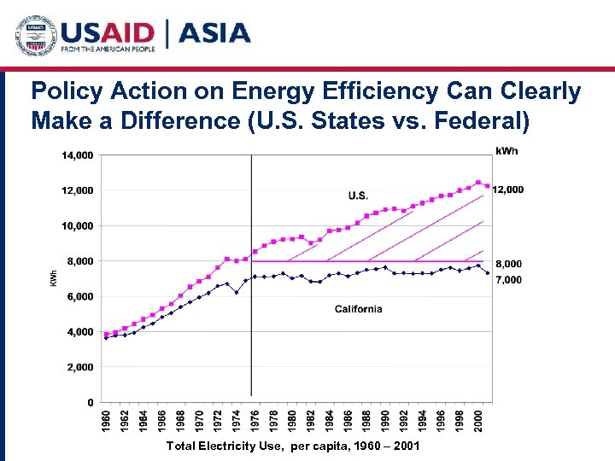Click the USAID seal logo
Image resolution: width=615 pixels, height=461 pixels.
pyautogui.click(x=35, y=35)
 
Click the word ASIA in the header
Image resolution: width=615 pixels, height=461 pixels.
pyautogui.click(x=214, y=33)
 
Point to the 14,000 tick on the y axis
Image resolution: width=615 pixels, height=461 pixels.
pyautogui.click(x=77, y=155)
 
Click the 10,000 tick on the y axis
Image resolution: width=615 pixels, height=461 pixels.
pyautogui.click(x=77, y=225)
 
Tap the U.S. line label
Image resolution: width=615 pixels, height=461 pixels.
pyautogui.click(x=359, y=195)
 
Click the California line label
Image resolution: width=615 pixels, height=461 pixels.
pyautogui.click(x=358, y=309)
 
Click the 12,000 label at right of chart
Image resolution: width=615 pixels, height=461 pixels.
pyautogui.click(x=509, y=190)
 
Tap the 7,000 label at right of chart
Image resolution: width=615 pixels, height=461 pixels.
pyautogui.click(x=509, y=280)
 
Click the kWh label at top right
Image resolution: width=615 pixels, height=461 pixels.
pyautogui.click(x=507, y=151)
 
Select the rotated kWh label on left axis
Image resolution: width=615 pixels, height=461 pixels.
pyautogui.click(x=53, y=278)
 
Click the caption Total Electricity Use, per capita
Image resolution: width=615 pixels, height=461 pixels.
pyautogui.click(x=293, y=446)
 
